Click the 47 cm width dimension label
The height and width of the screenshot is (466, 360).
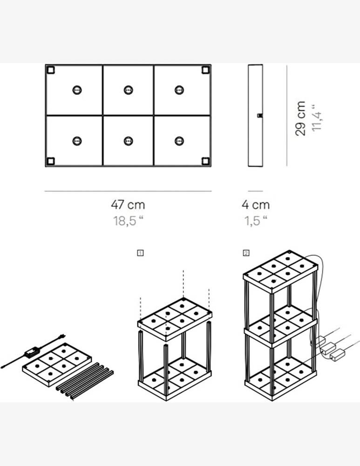pos(128,205)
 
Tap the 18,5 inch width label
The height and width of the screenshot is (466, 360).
pos(128,220)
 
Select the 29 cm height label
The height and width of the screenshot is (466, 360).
pos(300,118)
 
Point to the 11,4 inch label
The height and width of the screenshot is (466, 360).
pos(317,117)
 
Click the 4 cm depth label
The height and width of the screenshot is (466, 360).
pos(255,205)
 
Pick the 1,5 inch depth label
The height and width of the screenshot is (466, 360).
pos(255,220)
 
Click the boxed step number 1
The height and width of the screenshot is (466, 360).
pos(140,253)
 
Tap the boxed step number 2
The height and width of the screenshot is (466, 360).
pos(246,253)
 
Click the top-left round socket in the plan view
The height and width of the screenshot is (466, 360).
pos(77,90)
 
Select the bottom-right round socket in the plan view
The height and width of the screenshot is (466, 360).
pos(179,141)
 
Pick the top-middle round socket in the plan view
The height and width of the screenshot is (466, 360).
pos(129,90)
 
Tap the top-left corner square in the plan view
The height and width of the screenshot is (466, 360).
pos(50,70)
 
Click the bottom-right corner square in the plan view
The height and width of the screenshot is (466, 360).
pos(205,161)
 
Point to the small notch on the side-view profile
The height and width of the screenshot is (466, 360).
pos(260,115)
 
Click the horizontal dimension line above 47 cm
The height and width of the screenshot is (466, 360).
pos(128,191)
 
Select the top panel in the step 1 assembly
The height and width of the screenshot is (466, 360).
pos(175,320)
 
